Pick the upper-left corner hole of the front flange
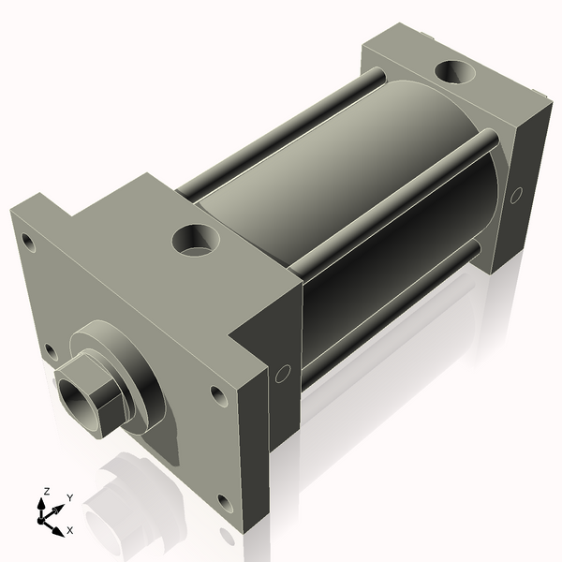[x=29, y=243]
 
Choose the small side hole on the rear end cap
[x=515, y=197]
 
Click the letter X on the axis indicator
[x=70, y=531]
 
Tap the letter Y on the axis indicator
[x=69, y=497]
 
